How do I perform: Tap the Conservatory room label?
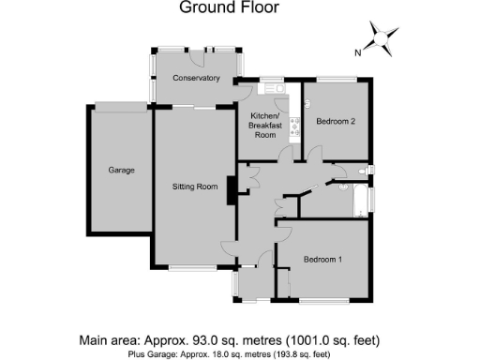(195, 78)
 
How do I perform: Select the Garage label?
(121, 171)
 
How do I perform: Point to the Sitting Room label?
(195, 187)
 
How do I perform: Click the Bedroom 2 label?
(335, 122)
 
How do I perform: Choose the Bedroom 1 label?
(322, 259)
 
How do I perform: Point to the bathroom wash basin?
(338, 172)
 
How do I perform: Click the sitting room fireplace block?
(229, 190)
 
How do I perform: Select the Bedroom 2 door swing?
(314, 151)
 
